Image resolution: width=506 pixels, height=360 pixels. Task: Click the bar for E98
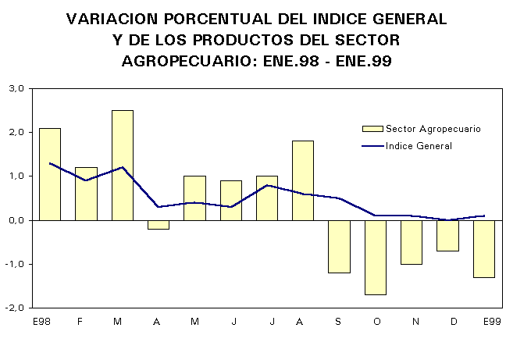[x=50, y=174]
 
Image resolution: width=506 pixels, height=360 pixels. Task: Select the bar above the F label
[x=86, y=194]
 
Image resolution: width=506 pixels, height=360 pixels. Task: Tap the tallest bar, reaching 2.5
[x=123, y=165]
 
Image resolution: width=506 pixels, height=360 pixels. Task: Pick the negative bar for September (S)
[x=339, y=247]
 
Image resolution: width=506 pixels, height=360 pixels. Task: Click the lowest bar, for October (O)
[x=376, y=258]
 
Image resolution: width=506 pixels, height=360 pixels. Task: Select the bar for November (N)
[x=412, y=242]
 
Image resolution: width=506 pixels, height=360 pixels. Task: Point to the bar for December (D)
[x=447, y=236]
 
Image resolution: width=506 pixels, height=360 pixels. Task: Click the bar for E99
[x=483, y=249]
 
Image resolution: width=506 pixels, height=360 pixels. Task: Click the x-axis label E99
[x=491, y=321]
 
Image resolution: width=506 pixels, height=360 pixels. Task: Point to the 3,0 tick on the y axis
[x=17, y=88]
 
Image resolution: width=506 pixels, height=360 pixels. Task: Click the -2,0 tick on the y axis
[x=16, y=308]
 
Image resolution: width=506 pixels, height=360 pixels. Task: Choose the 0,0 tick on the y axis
[x=17, y=220]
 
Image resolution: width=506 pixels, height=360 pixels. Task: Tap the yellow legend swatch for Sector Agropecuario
[x=372, y=128]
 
